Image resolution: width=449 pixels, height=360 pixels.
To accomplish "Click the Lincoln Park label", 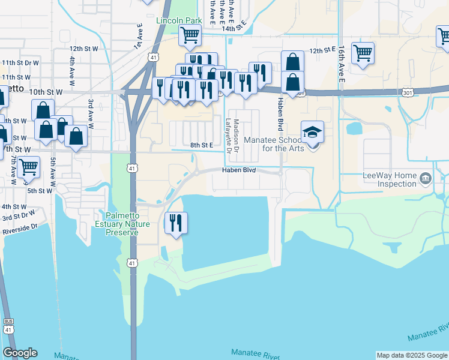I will (178, 20).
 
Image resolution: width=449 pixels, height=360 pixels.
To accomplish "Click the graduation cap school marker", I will (312, 132).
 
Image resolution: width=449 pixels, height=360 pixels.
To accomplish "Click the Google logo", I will (20, 353).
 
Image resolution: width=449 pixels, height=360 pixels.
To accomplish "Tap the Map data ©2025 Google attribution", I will (412, 355).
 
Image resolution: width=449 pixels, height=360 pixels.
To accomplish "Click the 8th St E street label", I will (202, 145).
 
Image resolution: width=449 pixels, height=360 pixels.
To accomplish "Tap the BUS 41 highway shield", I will (8, 326).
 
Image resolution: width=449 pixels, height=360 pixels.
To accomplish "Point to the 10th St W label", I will (46, 92).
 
